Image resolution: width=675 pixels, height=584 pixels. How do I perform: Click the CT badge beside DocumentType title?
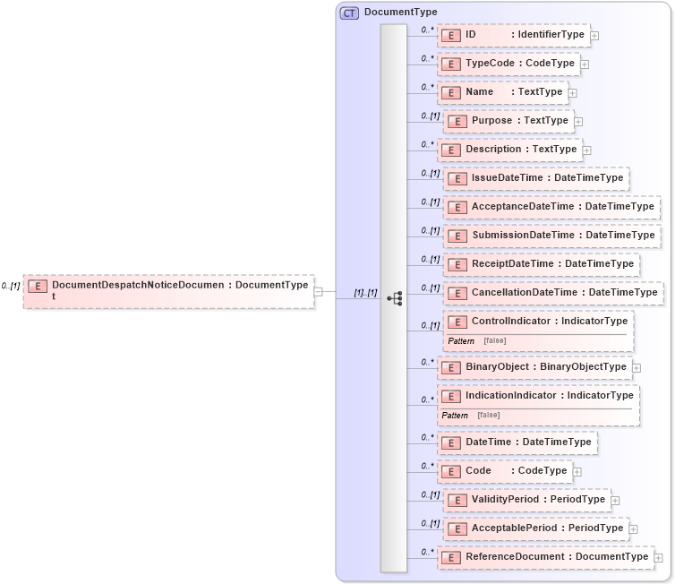pos(349,13)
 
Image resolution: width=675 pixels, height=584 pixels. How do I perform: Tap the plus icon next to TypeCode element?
pos(585,64)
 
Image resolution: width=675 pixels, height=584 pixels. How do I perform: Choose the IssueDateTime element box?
pos(536,178)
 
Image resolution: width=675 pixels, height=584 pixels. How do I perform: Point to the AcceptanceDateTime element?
pos(551,207)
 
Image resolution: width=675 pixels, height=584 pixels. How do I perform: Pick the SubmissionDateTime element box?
pos(551,236)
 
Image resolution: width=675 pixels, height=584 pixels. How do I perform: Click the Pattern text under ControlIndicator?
pos(461,341)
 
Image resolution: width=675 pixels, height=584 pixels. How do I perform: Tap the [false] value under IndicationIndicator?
pos(488,416)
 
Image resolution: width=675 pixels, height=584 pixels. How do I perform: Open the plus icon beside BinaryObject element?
pos(637,367)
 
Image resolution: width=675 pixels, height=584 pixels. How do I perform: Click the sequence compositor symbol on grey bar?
pos(394,298)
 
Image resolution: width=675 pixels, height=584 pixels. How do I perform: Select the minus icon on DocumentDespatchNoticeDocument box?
pos(319,290)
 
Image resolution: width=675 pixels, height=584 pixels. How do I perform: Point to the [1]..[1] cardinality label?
pos(365,292)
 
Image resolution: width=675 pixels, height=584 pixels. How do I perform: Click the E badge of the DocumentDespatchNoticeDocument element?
pos(38,286)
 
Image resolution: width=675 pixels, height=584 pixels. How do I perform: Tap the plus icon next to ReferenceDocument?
pos(658,557)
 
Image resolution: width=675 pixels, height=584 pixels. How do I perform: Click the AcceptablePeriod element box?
pos(536,528)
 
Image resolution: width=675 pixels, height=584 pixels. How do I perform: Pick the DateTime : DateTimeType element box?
pos(517,442)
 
